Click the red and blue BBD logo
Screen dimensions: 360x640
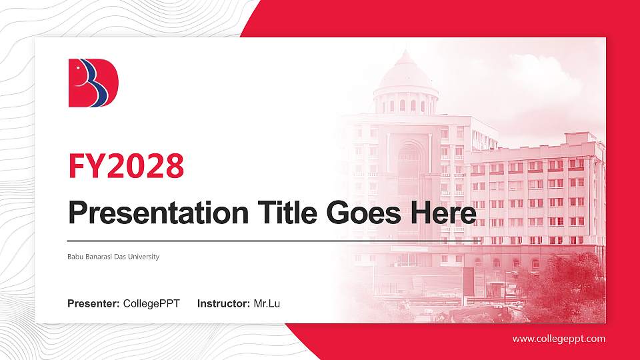pyautogui.click(x=93, y=83)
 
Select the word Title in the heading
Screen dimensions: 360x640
pyautogui.click(x=281, y=213)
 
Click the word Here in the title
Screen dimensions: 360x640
pyautogui.click(x=443, y=213)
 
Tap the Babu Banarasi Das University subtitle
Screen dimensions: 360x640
pyautogui.click(x=113, y=257)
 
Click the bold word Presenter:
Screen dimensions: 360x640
pyautogui.click(x=93, y=304)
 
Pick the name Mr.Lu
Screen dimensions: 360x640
pyautogui.click(x=267, y=304)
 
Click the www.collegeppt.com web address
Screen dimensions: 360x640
pyautogui.click(x=559, y=339)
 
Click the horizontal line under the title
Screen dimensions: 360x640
pyautogui.click(x=273, y=241)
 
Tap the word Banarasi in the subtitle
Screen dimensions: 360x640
pyautogui.click(x=102, y=257)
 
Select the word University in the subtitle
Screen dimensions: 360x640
pyautogui.click(x=145, y=257)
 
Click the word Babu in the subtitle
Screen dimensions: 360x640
pyautogui.click(x=75, y=257)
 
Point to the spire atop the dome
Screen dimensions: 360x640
pyautogui.click(x=405, y=53)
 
